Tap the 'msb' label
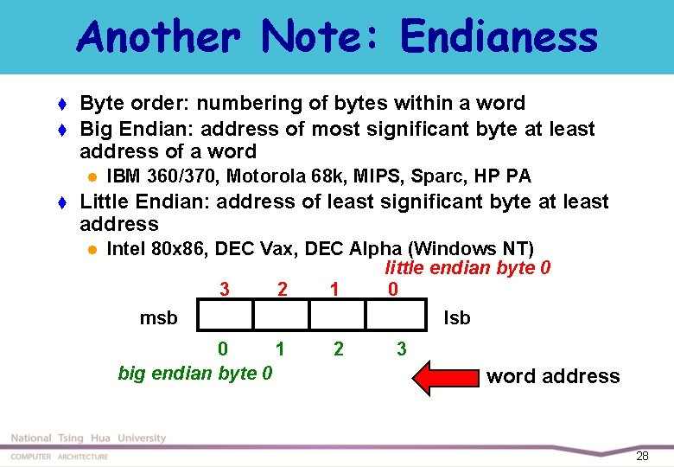[x=158, y=318]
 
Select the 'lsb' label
[x=456, y=318]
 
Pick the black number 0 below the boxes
[x=223, y=349]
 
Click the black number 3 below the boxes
[x=401, y=349]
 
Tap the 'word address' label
[x=553, y=376]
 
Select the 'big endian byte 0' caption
[x=195, y=374]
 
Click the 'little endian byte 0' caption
[x=467, y=268]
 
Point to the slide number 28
[x=641, y=456]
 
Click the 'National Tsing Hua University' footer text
[x=88, y=438]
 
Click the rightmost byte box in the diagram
[x=396, y=316]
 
